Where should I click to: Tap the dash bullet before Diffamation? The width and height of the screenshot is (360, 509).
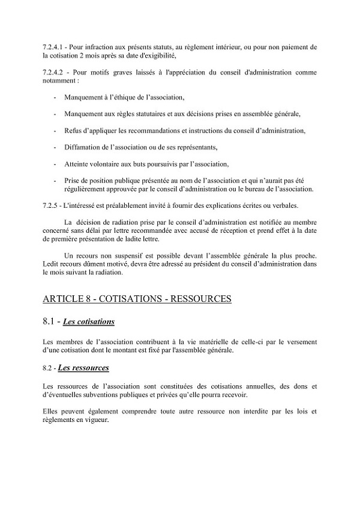tap(56, 147)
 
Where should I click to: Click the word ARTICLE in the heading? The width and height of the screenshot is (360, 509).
tap(65, 298)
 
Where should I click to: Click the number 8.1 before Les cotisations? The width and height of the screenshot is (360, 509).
tap(49, 322)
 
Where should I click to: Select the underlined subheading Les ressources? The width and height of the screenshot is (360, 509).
tap(83, 368)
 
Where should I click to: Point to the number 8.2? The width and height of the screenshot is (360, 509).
tap(48, 369)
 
